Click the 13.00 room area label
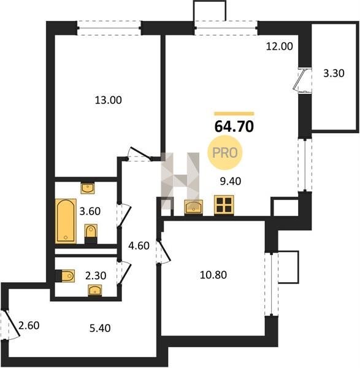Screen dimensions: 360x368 pyautogui.click(x=108, y=100)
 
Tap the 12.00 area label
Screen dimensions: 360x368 pyautogui.click(x=279, y=46)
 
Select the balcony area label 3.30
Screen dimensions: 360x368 pyautogui.click(x=334, y=73)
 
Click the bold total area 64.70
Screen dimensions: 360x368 pyautogui.click(x=234, y=126)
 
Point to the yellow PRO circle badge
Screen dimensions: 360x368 pyautogui.click(x=225, y=153)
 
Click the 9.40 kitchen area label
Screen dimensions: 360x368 pyautogui.click(x=231, y=181)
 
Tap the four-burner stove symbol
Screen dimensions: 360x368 pyautogui.click(x=224, y=205)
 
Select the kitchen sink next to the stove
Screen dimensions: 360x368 pyautogui.click(x=193, y=207)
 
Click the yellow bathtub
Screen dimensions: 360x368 pyautogui.click(x=66, y=221)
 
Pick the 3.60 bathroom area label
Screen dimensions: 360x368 pyautogui.click(x=90, y=211)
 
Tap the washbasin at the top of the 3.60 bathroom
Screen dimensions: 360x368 pyautogui.click(x=88, y=188)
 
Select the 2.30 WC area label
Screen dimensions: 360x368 pyautogui.click(x=96, y=275)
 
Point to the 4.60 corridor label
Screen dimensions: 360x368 pyautogui.click(x=139, y=246)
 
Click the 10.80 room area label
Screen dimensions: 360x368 pyautogui.click(x=213, y=275)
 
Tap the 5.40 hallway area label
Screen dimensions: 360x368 pyautogui.click(x=100, y=328)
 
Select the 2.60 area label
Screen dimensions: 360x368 pyautogui.click(x=29, y=326)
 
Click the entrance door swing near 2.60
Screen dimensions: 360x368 pyautogui.click(x=12, y=325)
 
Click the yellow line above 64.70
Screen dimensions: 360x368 pyautogui.click(x=234, y=114)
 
